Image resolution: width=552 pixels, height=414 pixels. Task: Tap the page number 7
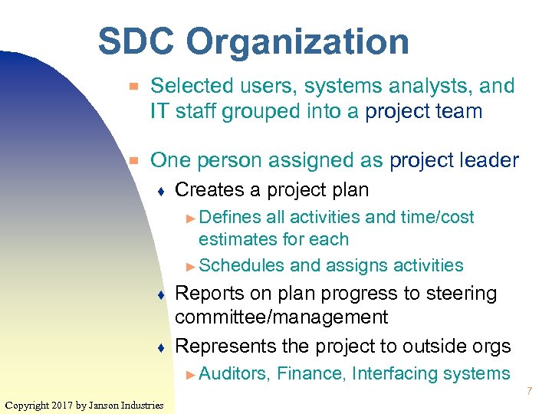529,393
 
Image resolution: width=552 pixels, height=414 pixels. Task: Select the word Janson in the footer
107,405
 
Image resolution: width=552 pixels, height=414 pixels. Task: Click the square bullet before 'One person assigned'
133,161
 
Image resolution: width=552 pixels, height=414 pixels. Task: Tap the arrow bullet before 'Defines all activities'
192,218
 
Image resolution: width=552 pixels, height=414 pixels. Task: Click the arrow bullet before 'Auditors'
192,374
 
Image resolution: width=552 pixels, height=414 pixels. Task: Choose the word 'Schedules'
242,265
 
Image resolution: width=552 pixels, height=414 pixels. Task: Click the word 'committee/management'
281,317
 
